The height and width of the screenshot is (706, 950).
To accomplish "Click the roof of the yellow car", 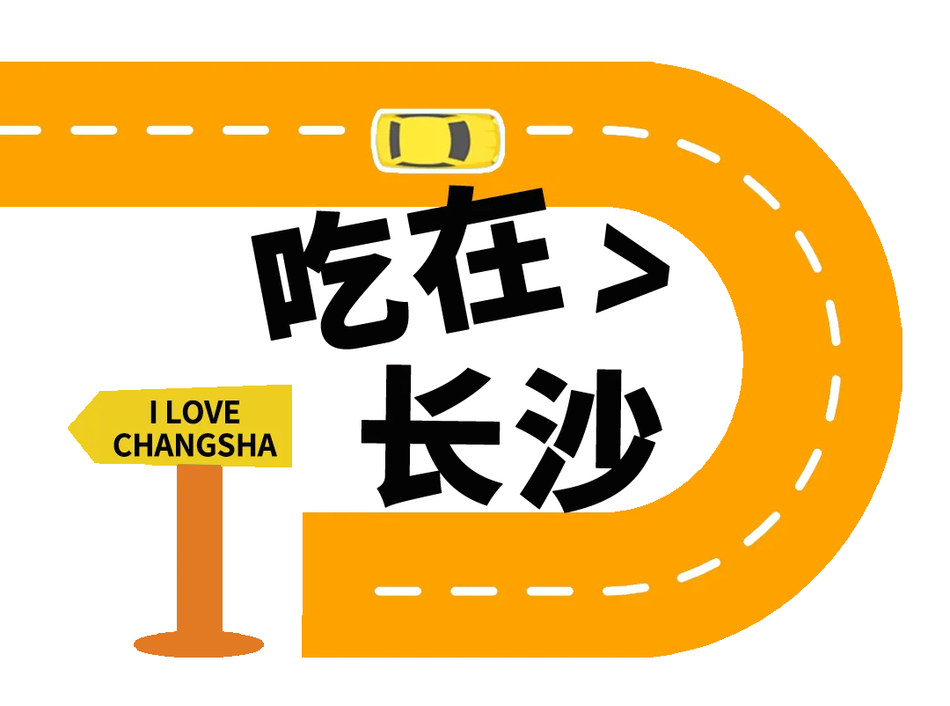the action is (431, 139).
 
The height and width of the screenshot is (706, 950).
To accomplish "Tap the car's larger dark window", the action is (460, 139).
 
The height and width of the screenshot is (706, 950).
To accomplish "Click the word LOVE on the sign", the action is (203, 413).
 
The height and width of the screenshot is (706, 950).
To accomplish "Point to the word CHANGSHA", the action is (194, 445).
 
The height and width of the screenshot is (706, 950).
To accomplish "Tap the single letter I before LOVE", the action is (154, 413).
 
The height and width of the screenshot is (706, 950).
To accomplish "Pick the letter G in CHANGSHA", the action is (202, 445).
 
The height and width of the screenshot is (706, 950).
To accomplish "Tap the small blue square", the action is (280, 644).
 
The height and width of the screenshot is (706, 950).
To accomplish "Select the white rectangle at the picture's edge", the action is (929, 359).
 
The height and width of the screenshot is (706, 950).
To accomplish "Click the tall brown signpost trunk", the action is (237, 555).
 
